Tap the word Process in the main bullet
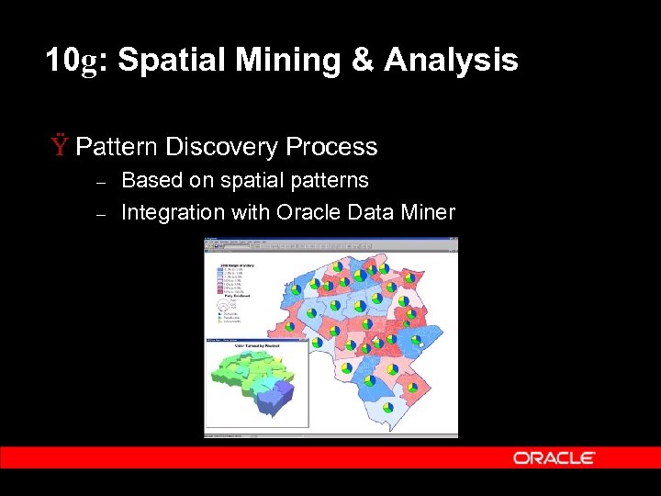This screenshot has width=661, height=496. coord(331,147)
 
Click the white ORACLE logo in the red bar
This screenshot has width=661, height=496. coord(554,457)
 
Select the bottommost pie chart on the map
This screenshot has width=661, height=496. coord(387,406)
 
